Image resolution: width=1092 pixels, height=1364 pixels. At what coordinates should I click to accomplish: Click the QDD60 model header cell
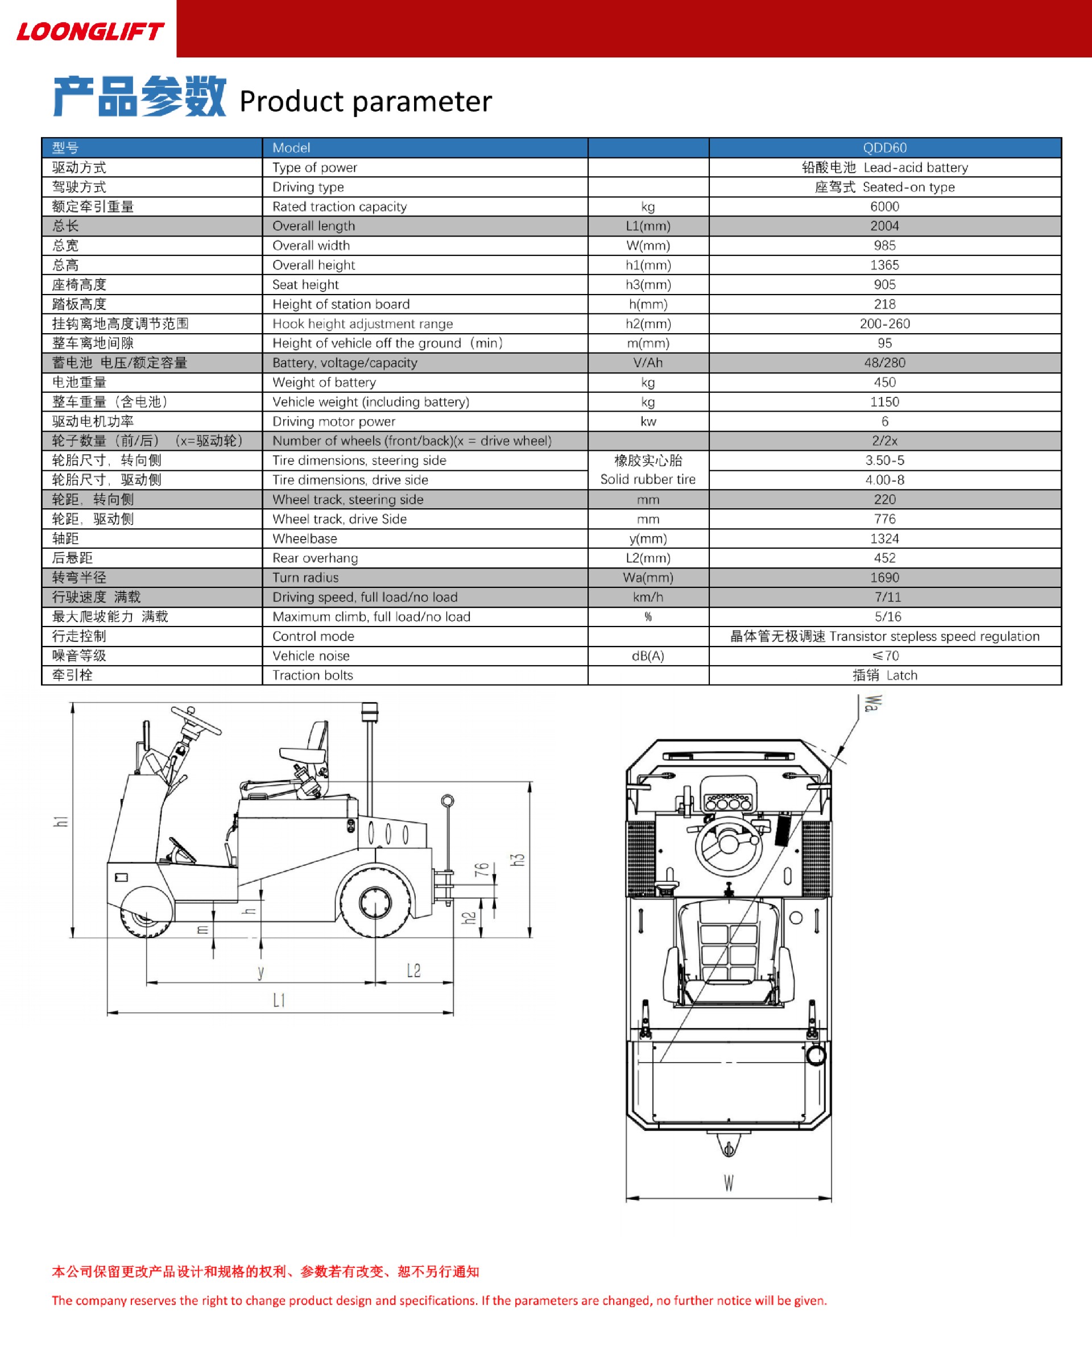point(884,147)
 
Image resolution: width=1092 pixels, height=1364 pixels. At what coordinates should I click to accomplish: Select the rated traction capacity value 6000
point(884,206)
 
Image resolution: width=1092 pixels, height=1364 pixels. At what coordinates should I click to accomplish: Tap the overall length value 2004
point(884,226)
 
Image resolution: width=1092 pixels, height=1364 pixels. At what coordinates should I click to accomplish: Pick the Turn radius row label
point(305,578)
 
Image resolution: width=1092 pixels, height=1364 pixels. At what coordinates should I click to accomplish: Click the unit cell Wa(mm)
point(648,578)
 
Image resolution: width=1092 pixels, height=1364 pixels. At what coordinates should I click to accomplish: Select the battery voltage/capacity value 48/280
point(884,363)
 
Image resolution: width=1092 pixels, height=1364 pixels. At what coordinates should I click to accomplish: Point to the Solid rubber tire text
point(648,479)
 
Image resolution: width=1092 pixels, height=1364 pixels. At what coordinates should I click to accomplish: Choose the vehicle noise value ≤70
point(884,656)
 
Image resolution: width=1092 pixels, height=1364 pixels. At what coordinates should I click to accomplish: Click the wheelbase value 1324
point(884,538)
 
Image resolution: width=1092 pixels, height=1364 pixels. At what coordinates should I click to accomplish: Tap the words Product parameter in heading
point(366,101)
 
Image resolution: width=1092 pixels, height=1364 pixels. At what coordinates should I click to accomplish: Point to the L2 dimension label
point(413,971)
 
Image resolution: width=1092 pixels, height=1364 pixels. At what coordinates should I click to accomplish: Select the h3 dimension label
point(518,860)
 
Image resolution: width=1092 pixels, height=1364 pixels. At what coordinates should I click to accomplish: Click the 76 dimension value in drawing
point(482,869)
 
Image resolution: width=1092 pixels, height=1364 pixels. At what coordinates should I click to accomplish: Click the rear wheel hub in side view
point(375,903)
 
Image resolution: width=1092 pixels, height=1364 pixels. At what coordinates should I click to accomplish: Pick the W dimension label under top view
point(729,1183)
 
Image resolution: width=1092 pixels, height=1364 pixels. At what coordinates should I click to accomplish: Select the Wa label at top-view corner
point(872,703)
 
